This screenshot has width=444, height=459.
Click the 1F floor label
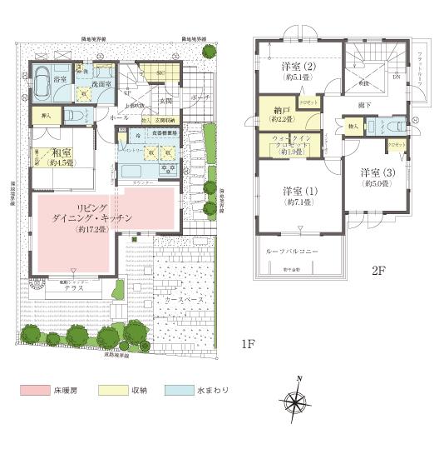tap(248, 343)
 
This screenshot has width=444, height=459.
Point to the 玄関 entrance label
tap(165, 102)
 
